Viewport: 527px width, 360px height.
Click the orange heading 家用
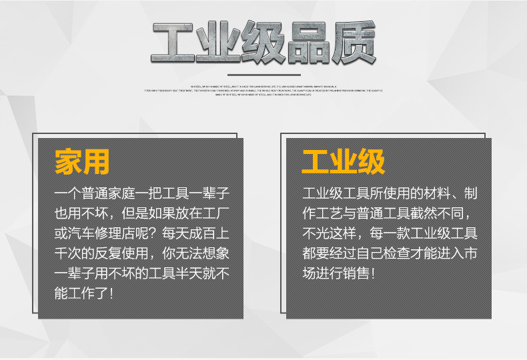83,162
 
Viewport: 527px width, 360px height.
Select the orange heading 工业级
343,162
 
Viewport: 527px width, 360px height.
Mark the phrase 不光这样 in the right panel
328,234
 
